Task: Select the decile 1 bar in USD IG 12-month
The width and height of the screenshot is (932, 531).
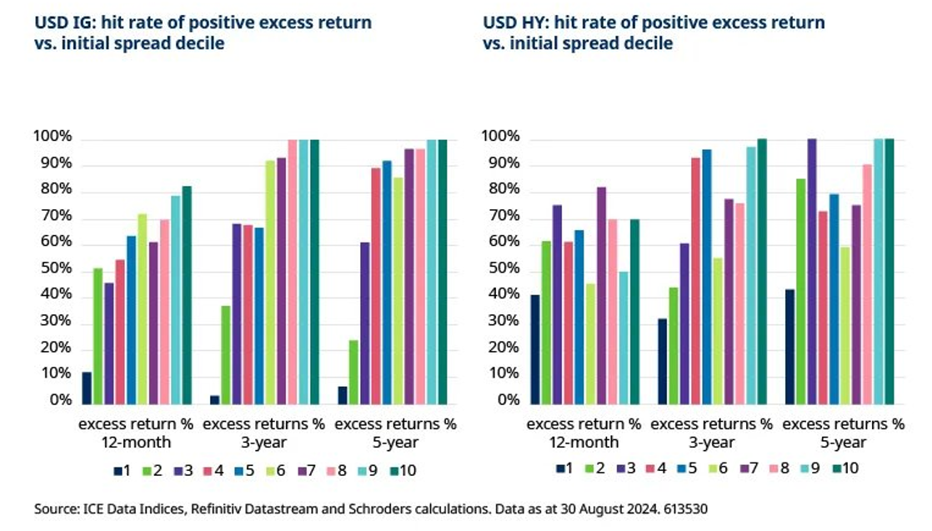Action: click(87, 388)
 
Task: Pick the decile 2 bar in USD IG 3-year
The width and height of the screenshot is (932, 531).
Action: click(225, 355)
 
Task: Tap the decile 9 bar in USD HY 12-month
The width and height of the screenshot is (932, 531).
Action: click(624, 338)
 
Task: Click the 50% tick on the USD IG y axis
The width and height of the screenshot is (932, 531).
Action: click(53, 269)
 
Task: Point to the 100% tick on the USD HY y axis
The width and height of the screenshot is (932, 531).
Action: click(502, 137)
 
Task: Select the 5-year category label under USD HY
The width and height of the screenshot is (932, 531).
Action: click(843, 442)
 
